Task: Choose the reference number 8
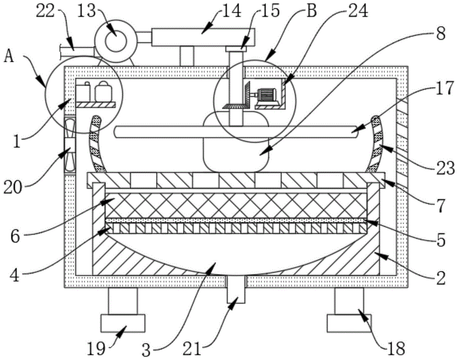(441, 35)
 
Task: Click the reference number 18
(397, 349)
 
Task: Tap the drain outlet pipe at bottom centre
(237, 289)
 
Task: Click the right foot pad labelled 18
(349, 322)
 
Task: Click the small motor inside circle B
(266, 95)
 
